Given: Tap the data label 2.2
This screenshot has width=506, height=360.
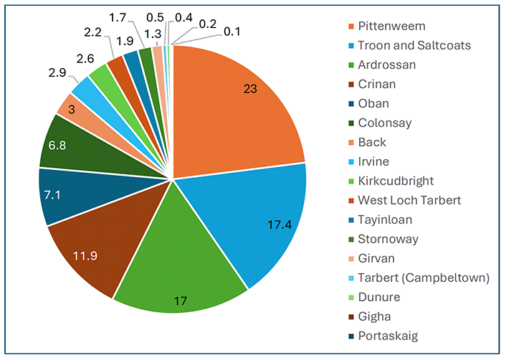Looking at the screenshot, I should tap(92, 32).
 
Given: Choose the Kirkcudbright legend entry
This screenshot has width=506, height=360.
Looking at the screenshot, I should tap(396, 181).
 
